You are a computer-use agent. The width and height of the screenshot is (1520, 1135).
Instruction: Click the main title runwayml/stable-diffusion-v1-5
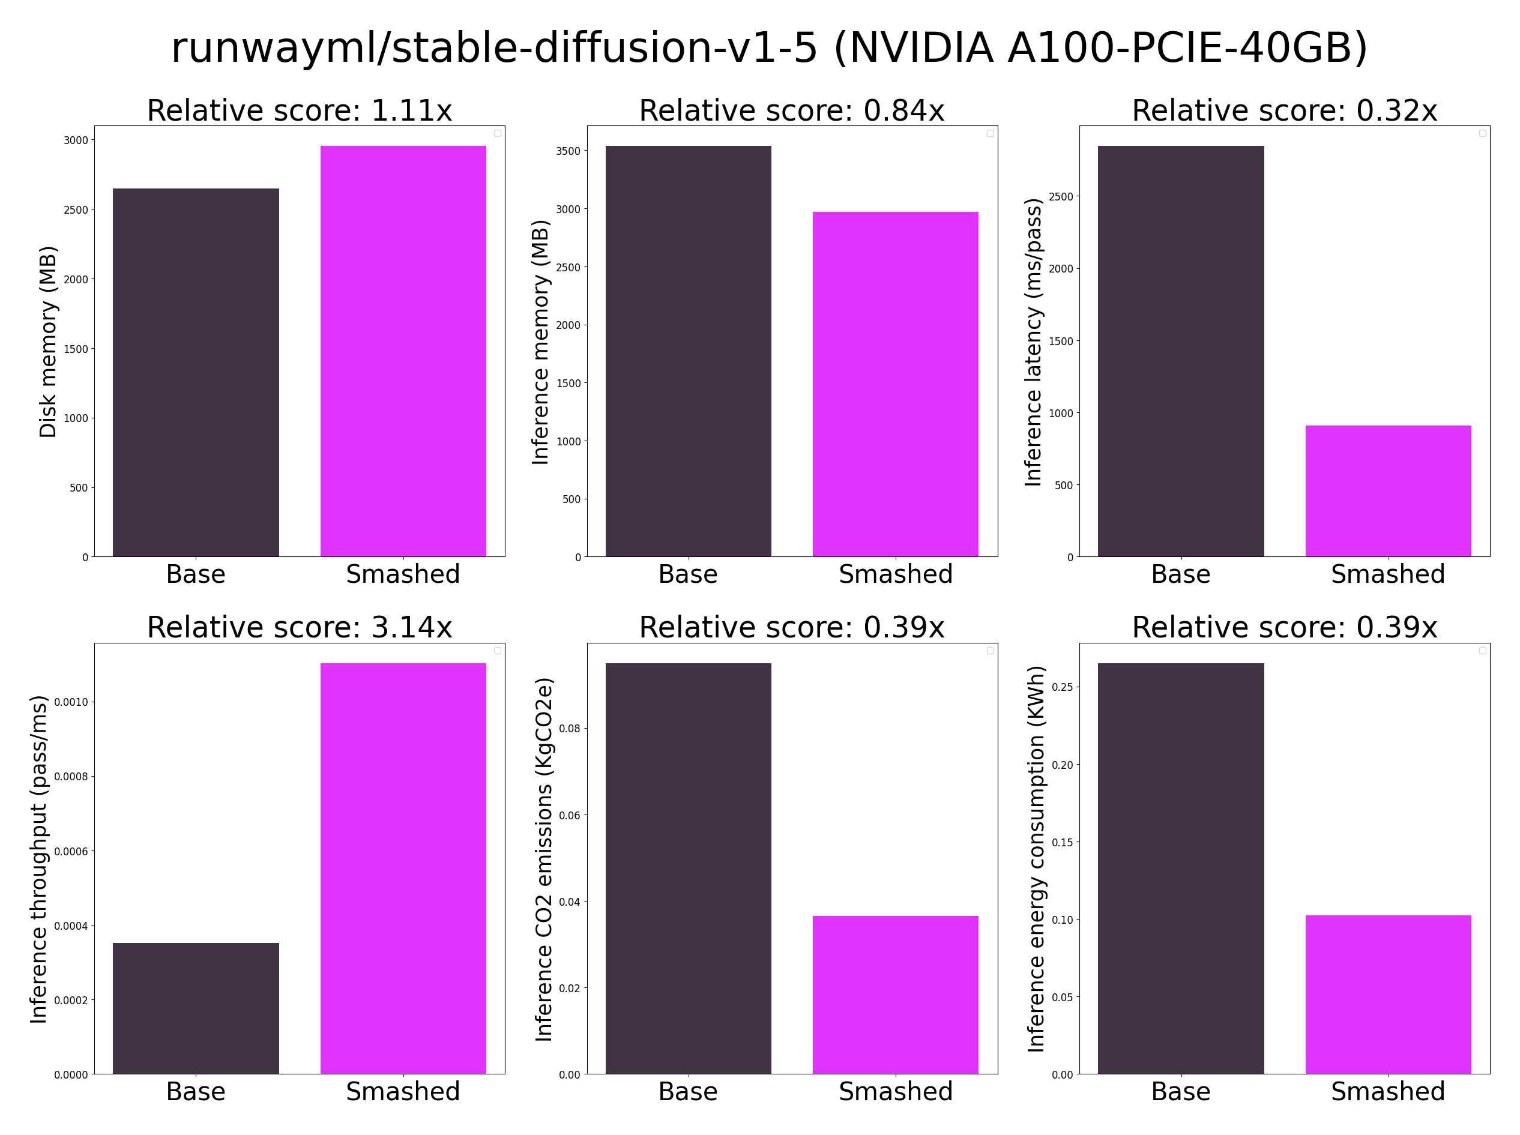[769, 48]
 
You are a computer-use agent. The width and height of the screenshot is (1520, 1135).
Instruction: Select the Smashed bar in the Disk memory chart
[403, 351]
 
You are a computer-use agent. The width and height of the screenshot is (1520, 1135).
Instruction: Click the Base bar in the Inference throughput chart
[196, 1008]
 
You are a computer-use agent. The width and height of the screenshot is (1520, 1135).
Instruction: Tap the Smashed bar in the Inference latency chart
[1387, 490]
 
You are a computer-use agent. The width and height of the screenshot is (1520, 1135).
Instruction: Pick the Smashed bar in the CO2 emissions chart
[894, 994]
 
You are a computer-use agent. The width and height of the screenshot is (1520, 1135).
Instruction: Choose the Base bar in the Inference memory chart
[688, 351]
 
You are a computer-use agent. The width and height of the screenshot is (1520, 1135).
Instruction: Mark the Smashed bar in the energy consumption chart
[1387, 994]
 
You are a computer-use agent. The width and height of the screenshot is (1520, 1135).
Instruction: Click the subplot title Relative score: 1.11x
[300, 110]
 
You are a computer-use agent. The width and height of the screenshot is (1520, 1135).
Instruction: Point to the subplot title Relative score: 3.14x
[300, 627]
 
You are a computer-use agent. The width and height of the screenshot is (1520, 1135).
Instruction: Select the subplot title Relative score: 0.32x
[1284, 110]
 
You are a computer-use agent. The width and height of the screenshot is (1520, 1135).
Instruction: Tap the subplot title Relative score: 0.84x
[792, 110]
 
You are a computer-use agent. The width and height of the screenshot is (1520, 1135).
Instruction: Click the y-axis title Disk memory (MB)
[48, 342]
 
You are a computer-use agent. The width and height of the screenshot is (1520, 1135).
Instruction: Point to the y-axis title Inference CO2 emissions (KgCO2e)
[543, 859]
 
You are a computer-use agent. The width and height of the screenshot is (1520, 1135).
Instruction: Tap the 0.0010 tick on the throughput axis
[71, 702]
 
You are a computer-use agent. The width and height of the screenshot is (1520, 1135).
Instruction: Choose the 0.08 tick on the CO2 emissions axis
[570, 728]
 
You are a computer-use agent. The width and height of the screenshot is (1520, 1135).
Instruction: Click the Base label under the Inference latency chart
[1181, 574]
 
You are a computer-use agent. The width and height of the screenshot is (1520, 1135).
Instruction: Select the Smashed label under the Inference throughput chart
[403, 1092]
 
